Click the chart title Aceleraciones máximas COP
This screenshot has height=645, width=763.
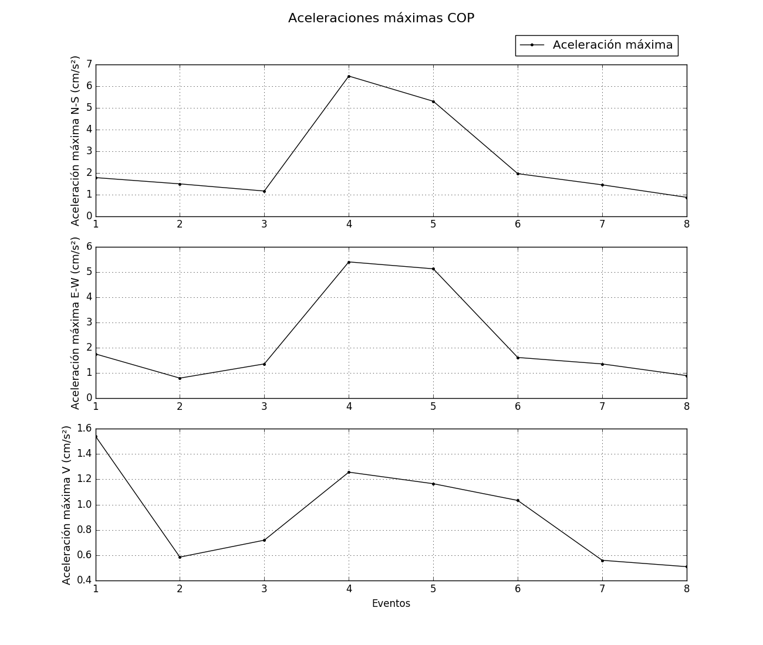tap(381, 18)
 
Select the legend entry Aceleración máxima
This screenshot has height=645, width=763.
tap(612, 45)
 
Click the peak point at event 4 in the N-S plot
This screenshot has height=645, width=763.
tap(349, 76)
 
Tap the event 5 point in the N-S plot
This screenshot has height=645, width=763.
tap(433, 101)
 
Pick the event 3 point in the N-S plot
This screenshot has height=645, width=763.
tap(264, 191)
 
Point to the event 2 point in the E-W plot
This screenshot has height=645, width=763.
tap(180, 378)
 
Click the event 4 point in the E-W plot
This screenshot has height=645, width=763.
tap(349, 262)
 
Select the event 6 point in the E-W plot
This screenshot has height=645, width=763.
tap(518, 358)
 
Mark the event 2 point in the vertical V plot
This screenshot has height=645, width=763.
tap(180, 557)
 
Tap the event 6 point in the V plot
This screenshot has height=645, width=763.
tap(518, 500)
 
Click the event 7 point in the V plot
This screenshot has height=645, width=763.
tap(602, 561)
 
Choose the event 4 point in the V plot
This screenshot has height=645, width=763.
tap(349, 472)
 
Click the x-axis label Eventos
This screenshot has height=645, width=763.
tap(391, 603)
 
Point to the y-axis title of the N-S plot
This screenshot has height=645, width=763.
tap(75, 141)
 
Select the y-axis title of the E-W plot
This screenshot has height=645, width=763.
tap(75, 323)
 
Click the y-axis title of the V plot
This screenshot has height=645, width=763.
tap(66, 505)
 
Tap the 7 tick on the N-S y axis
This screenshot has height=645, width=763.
tap(89, 64)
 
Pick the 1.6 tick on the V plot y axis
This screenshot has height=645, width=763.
tap(85, 429)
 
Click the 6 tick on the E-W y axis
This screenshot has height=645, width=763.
tap(89, 247)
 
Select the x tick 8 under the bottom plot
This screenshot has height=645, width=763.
tap(687, 589)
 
